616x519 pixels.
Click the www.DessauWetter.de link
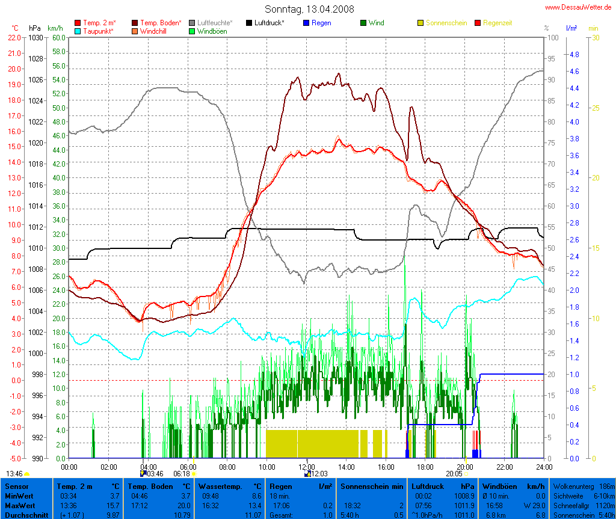coord(580,7)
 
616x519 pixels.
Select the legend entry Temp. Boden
coord(159,23)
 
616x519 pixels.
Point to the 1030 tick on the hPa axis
coord(36,37)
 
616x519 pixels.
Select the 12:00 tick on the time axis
coord(306,467)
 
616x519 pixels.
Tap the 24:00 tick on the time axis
coord(544,467)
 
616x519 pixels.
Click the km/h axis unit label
coord(55,28)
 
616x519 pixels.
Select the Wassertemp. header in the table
coord(221,486)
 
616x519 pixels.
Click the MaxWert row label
coord(20,506)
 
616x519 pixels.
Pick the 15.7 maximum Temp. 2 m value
coord(113,506)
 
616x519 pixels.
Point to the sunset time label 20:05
coord(454,474)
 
